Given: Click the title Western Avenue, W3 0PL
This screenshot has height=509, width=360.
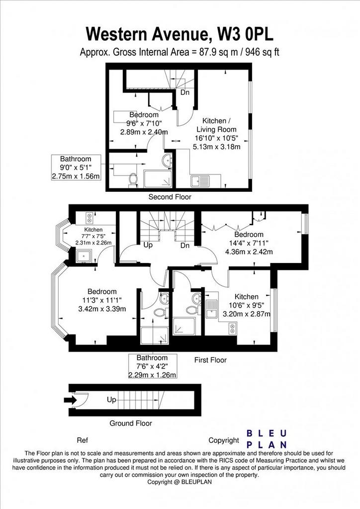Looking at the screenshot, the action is (180, 34).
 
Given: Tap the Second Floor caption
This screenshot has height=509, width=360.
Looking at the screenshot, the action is (170, 197).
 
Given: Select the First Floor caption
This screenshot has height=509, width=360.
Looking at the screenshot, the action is (210, 360).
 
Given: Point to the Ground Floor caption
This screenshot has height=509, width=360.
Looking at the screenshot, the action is (130, 424).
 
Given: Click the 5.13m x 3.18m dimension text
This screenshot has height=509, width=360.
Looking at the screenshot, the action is (216, 147).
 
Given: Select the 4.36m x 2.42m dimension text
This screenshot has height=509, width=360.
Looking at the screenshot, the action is (249, 252).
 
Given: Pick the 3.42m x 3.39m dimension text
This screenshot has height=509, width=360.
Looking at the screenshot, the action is (102, 309).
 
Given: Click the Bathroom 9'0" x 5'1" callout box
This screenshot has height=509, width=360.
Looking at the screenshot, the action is (76, 168).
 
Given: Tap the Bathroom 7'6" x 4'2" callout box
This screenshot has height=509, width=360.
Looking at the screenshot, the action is (153, 366).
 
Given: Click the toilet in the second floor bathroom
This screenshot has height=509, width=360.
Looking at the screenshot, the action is (133, 180).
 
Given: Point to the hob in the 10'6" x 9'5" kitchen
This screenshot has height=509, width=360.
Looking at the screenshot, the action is (232, 329).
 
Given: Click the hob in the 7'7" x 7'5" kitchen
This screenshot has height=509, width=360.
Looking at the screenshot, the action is (90, 217).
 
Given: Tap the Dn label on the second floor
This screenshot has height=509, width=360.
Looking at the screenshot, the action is (184, 92).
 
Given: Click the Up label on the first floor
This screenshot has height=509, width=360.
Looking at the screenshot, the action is (148, 245).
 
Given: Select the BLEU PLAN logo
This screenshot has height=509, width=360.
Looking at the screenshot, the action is (267, 439).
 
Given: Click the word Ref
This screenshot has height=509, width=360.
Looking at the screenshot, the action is (82, 440).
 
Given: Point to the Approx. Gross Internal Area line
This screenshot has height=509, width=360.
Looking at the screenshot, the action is (180, 52).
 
